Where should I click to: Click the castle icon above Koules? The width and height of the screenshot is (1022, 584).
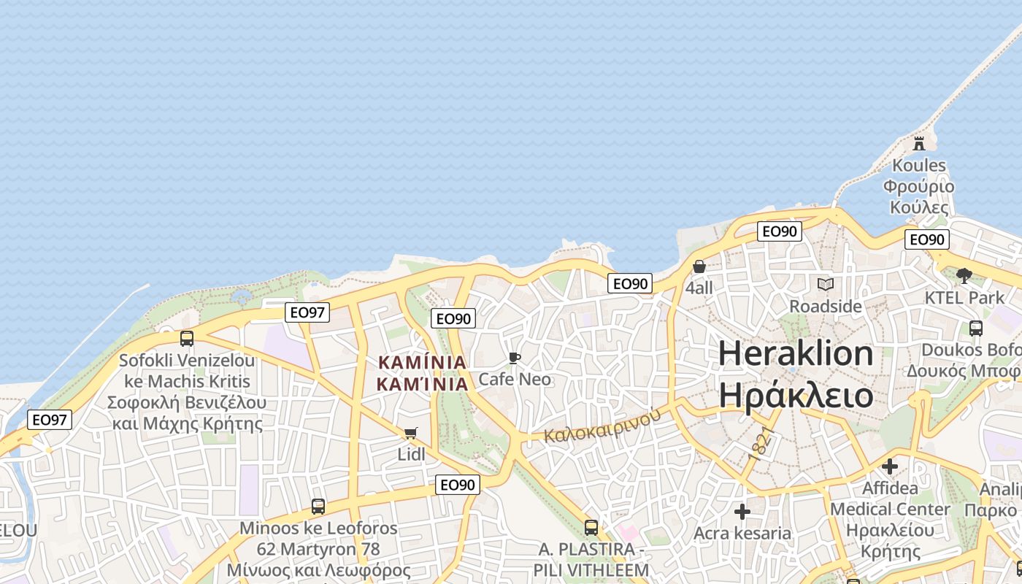919,143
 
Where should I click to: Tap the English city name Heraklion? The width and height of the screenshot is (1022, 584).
796,354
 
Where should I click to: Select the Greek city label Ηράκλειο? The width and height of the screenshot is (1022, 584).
796,395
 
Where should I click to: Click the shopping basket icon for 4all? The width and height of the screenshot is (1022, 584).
699,266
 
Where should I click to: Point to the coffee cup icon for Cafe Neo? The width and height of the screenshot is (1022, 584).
515,358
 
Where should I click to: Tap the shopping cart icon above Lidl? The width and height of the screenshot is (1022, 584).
411,433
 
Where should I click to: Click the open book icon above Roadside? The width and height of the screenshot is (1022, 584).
826,284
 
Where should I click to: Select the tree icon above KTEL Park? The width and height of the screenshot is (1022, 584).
964,275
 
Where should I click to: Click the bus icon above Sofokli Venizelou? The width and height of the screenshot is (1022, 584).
187,339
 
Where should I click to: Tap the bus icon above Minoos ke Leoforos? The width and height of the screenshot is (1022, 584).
318,507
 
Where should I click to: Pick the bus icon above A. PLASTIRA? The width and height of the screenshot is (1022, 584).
591,527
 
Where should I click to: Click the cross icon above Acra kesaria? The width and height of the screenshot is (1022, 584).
742,512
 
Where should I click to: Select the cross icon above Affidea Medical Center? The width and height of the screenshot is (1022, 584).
890,466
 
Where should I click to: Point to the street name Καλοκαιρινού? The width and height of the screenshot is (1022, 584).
602,426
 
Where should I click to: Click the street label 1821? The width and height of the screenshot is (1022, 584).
760,443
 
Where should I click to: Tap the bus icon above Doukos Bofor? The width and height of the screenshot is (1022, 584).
976,328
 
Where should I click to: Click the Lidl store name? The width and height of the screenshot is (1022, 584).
411,454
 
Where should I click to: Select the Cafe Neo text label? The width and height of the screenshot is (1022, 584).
515,380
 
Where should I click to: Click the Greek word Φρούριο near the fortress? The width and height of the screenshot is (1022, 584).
918,186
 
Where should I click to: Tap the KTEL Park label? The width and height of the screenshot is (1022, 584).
964,298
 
